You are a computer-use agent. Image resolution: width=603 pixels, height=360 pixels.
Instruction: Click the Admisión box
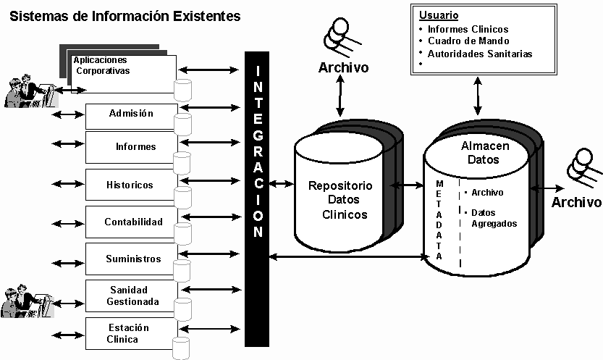click(x=131, y=114)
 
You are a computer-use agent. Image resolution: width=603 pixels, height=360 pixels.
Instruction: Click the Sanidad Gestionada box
click(x=131, y=296)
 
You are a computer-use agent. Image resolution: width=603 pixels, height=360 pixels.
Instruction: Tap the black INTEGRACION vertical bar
click(x=257, y=199)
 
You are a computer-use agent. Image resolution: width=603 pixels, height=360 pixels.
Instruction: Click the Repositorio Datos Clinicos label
click(x=340, y=200)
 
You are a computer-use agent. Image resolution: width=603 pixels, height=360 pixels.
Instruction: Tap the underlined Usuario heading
click(x=439, y=15)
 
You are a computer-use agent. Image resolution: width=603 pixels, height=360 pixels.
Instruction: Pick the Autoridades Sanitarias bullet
click(x=479, y=54)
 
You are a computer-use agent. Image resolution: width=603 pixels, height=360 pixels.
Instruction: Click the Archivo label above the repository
click(x=344, y=68)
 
